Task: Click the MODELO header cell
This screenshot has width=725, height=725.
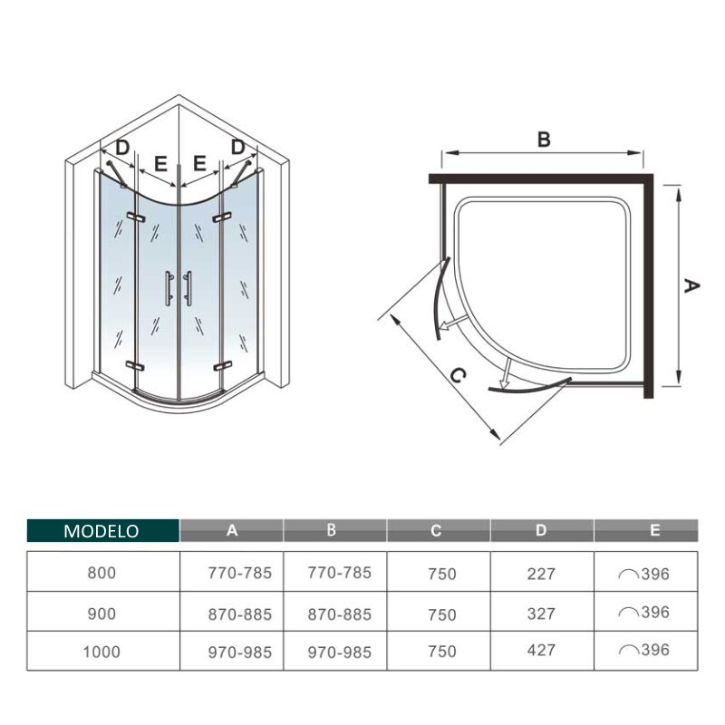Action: click(x=103, y=530)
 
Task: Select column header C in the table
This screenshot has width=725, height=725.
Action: click(x=436, y=530)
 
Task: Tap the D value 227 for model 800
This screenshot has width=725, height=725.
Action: click(x=540, y=574)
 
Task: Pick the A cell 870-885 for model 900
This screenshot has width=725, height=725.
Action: click(x=239, y=614)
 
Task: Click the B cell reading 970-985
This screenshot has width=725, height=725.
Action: click(x=339, y=652)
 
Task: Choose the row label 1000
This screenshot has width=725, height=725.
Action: click(x=101, y=652)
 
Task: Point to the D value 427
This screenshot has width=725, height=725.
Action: click(x=540, y=650)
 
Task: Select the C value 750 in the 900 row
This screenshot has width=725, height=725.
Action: click(x=442, y=615)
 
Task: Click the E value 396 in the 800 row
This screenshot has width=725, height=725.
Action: click(x=655, y=574)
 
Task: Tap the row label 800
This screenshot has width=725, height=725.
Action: click(x=101, y=573)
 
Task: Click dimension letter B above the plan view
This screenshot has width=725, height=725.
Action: click(x=544, y=140)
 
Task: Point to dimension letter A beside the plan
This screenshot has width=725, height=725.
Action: click(x=691, y=285)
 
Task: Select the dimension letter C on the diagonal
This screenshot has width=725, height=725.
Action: click(x=458, y=376)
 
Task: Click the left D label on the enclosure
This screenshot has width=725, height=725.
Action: click(x=121, y=148)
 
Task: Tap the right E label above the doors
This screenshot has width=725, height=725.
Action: click(x=199, y=163)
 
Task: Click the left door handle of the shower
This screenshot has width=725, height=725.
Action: click(x=169, y=288)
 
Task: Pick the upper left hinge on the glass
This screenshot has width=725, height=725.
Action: click(x=135, y=217)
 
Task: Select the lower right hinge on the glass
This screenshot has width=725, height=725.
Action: click(x=222, y=366)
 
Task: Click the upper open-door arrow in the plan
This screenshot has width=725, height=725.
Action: click(x=452, y=323)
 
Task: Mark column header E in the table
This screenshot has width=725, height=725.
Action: click(x=654, y=530)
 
